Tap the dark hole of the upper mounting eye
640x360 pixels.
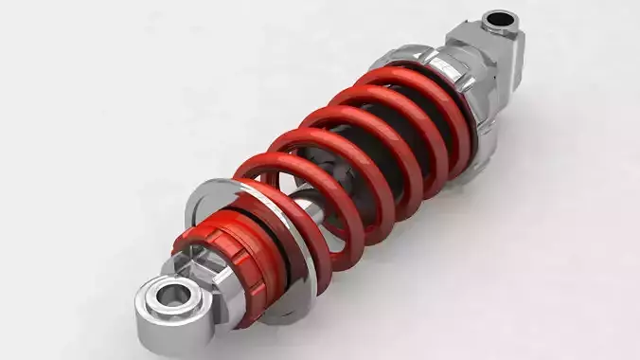[x=498, y=19]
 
